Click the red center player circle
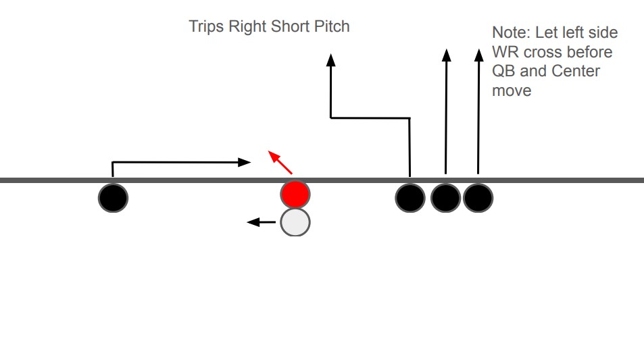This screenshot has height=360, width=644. tap(295, 195)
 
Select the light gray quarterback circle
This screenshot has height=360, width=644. tap(295, 222)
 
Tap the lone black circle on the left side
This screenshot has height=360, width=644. tap(113, 197)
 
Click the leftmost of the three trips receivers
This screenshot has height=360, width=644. tap(410, 198)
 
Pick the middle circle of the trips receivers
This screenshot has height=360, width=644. tap(445, 198)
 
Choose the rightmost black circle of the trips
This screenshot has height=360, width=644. tap(478, 198)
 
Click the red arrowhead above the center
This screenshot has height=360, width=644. tap(273, 156)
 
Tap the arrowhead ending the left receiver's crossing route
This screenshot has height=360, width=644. tap(245, 162)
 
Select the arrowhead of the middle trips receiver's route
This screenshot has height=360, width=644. tap(446, 55)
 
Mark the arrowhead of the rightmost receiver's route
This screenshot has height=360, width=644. tap(478, 55)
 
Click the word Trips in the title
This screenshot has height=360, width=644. tap(206, 27)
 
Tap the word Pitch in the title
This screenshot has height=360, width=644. tap(332, 27)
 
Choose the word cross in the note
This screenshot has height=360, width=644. tap(543, 52)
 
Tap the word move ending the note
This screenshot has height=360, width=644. tap(512, 90)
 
